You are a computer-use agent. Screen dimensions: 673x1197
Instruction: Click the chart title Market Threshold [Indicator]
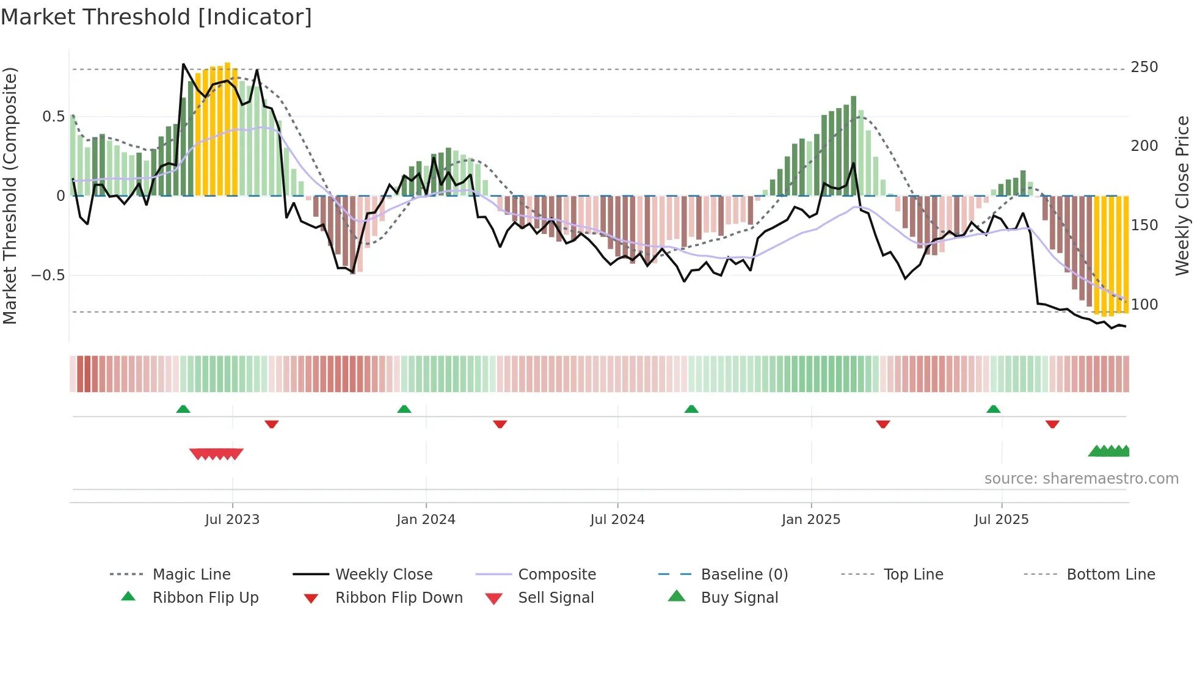tap(156, 17)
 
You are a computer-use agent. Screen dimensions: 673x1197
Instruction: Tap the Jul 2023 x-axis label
tap(232, 520)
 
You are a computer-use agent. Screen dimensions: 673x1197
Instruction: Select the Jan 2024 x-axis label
tap(426, 520)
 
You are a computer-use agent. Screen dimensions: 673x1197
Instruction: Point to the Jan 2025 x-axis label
tap(811, 520)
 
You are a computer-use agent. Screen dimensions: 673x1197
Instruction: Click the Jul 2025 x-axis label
tap(1002, 520)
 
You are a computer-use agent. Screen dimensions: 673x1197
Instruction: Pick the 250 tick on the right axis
tap(1144, 67)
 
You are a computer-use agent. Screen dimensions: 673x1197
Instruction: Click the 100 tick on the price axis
tap(1144, 304)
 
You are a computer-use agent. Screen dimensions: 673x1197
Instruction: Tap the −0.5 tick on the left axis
tap(48, 275)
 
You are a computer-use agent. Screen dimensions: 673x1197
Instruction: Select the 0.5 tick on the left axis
tap(53, 117)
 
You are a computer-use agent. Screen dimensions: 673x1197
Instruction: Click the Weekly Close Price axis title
tap(1183, 195)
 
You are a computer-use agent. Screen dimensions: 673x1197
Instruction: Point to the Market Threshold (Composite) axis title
tap(10, 195)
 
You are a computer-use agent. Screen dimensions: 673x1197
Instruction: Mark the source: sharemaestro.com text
tap(1081, 479)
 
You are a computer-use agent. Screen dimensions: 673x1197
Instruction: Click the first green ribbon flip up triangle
tap(183, 409)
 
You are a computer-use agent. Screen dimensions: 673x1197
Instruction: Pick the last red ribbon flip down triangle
tap(1052, 424)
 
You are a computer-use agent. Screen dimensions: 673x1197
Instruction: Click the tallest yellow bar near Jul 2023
tap(227, 128)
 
